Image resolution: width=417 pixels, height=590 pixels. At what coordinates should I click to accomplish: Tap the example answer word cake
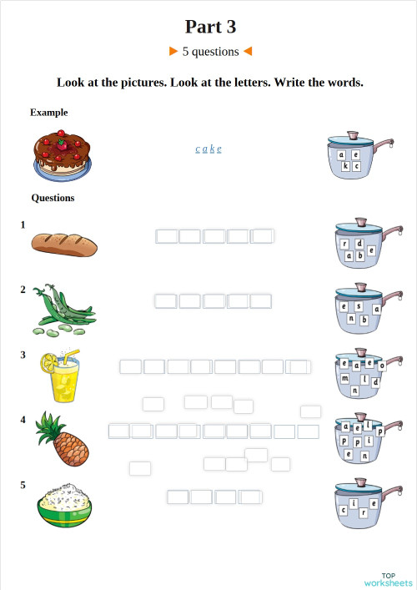pos(208,149)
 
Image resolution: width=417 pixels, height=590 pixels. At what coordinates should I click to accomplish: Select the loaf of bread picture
pos(64,244)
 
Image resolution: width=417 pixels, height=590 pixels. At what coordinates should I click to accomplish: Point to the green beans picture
pos(63,310)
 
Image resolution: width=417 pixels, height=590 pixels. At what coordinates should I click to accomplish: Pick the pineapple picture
pos(63,440)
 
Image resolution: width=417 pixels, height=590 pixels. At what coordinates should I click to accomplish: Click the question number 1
pos(23,224)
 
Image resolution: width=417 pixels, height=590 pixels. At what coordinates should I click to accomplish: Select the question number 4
pos(23,420)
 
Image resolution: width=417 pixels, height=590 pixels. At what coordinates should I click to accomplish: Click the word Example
pos(48,112)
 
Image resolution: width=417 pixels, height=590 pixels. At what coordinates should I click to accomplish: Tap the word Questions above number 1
pos(53,198)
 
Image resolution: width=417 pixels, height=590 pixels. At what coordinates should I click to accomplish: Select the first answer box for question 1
pos(167,236)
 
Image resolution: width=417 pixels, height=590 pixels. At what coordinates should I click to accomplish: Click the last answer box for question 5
pos(250,497)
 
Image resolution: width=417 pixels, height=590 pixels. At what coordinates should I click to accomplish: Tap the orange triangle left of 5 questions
pos(173,51)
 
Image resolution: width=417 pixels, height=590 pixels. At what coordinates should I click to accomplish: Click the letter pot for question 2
pos(359,311)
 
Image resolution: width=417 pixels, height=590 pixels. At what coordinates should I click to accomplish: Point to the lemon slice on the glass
pos(49,361)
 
